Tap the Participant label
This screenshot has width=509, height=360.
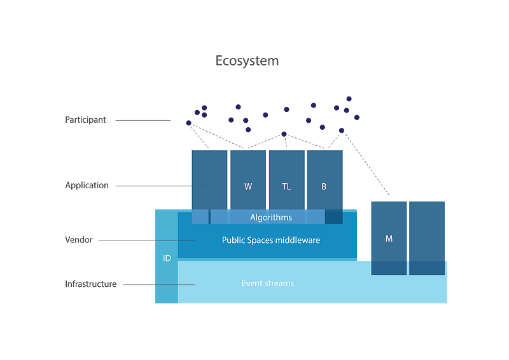(x=86, y=119)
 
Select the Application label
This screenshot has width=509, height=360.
(x=87, y=186)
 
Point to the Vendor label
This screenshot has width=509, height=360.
(x=78, y=240)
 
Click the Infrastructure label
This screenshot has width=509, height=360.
(x=91, y=284)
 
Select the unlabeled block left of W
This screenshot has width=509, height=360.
(x=209, y=180)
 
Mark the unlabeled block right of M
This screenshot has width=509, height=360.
(x=426, y=230)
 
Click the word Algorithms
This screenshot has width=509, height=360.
(x=271, y=218)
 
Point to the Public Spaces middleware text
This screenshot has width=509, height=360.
(x=270, y=240)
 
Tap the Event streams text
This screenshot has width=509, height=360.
(x=267, y=283)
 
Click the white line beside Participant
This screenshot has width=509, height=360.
(x=143, y=121)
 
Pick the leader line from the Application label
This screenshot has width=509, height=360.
(x=153, y=186)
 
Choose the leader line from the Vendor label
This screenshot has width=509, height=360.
(x=127, y=241)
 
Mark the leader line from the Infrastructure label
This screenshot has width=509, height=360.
(x=137, y=284)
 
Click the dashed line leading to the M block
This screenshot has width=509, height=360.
(x=366, y=162)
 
